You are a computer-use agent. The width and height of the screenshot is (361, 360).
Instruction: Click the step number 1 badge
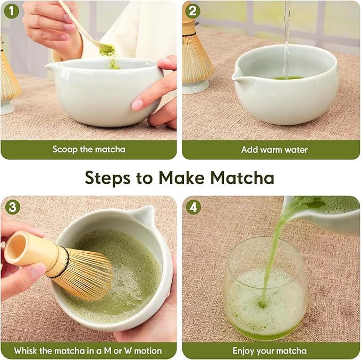[x=11, y=11]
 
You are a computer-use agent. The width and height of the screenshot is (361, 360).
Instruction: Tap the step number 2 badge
[x=193, y=11]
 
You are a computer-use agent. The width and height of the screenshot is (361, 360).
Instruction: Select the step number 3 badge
[x=11, y=207]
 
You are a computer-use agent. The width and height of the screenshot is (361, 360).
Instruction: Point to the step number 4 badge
[x=193, y=207]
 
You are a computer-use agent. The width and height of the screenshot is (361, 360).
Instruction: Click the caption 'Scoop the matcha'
[x=89, y=149]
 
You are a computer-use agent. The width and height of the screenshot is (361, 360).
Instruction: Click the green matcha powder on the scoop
[x=107, y=50]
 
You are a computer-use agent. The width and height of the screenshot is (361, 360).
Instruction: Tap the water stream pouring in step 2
[x=287, y=37]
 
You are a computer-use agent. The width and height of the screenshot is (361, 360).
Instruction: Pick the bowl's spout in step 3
[x=145, y=215]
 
